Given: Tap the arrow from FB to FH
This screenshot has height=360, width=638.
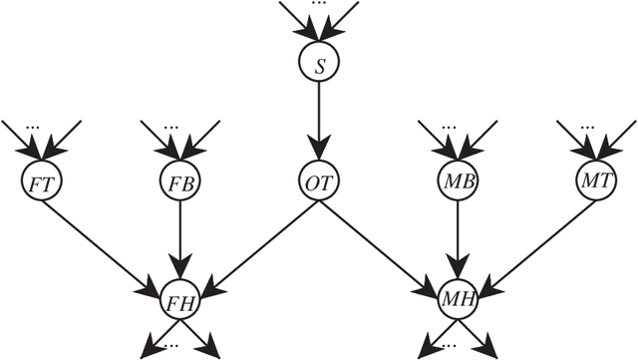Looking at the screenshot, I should click(x=180, y=239).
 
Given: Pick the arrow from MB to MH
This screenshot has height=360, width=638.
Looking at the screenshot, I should click(x=458, y=239).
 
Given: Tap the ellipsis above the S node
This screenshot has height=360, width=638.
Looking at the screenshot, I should click(x=319, y=6).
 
